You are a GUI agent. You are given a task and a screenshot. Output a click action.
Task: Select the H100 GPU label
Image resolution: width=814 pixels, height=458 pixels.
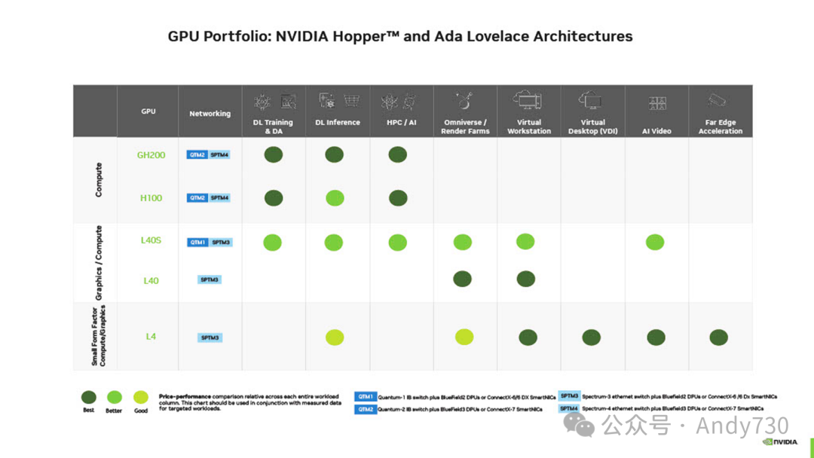click(151, 197)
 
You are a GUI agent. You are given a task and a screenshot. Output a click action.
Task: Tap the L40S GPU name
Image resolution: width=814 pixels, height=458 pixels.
click(151, 241)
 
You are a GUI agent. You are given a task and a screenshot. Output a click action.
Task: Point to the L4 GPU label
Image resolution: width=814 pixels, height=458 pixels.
click(151, 336)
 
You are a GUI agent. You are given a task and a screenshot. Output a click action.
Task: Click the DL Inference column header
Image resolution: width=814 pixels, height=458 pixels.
click(338, 122)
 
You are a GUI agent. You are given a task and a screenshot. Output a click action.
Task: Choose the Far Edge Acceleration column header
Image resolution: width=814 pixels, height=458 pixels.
click(721, 127)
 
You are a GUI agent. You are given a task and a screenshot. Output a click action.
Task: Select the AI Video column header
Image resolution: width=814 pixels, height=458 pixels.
click(656, 130)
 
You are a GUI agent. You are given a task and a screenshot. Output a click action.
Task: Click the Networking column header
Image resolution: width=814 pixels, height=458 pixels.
click(210, 114)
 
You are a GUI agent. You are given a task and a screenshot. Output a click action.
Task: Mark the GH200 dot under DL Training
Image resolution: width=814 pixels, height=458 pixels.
click(273, 154)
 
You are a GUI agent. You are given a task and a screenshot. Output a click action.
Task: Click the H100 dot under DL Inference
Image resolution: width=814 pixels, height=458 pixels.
click(335, 198)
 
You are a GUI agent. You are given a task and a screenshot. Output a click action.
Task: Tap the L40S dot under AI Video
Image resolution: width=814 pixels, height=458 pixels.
click(655, 242)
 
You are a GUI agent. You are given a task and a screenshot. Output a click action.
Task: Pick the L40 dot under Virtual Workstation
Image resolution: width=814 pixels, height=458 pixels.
click(526, 279)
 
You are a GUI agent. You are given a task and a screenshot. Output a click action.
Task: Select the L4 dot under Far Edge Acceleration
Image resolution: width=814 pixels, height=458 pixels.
click(718, 337)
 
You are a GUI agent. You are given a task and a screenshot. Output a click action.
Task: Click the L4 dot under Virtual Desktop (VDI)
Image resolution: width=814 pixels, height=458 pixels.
click(592, 337)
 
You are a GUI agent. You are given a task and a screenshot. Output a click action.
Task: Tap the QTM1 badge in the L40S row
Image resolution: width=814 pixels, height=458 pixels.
click(197, 243)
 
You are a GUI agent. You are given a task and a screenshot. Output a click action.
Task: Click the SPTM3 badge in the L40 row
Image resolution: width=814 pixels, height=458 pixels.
click(210, 279)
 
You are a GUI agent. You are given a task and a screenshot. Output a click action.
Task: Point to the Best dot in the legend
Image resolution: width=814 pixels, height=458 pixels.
click(89, 397)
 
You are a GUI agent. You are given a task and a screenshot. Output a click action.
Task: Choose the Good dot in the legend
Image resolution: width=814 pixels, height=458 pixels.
click(140, 397)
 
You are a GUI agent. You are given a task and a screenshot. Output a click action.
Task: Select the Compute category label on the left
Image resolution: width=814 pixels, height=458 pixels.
click(99, 179)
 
